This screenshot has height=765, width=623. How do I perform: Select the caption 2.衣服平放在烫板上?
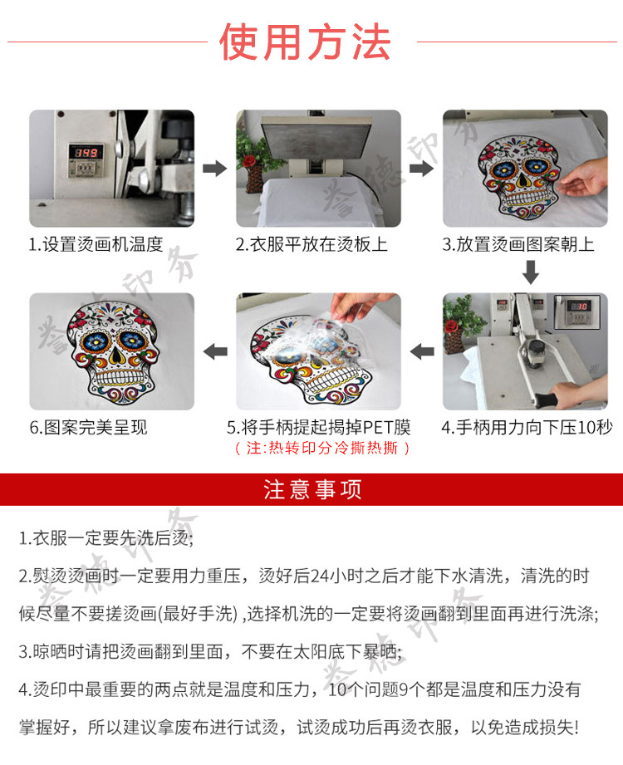[311, 245]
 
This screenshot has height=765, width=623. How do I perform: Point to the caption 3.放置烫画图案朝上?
[518, 245]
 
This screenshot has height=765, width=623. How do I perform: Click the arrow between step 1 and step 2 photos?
[215, 169]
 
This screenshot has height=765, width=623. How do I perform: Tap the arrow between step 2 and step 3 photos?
[422, 169]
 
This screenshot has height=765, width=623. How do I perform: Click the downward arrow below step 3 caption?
[531, 272]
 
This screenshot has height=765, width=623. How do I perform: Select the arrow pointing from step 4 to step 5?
[422, 351]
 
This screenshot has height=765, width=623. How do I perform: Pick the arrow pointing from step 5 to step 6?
[216, 351]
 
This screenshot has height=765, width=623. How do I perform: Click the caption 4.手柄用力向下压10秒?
[527, 429]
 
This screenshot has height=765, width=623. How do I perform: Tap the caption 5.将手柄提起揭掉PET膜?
[319, 429]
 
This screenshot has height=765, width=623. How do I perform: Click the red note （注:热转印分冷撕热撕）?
[319, 449]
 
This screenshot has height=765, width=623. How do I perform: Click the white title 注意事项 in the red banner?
[312, 489]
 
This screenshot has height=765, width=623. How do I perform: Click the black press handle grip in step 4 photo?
[549, 400]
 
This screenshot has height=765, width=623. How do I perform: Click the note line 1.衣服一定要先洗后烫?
[106, 537]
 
